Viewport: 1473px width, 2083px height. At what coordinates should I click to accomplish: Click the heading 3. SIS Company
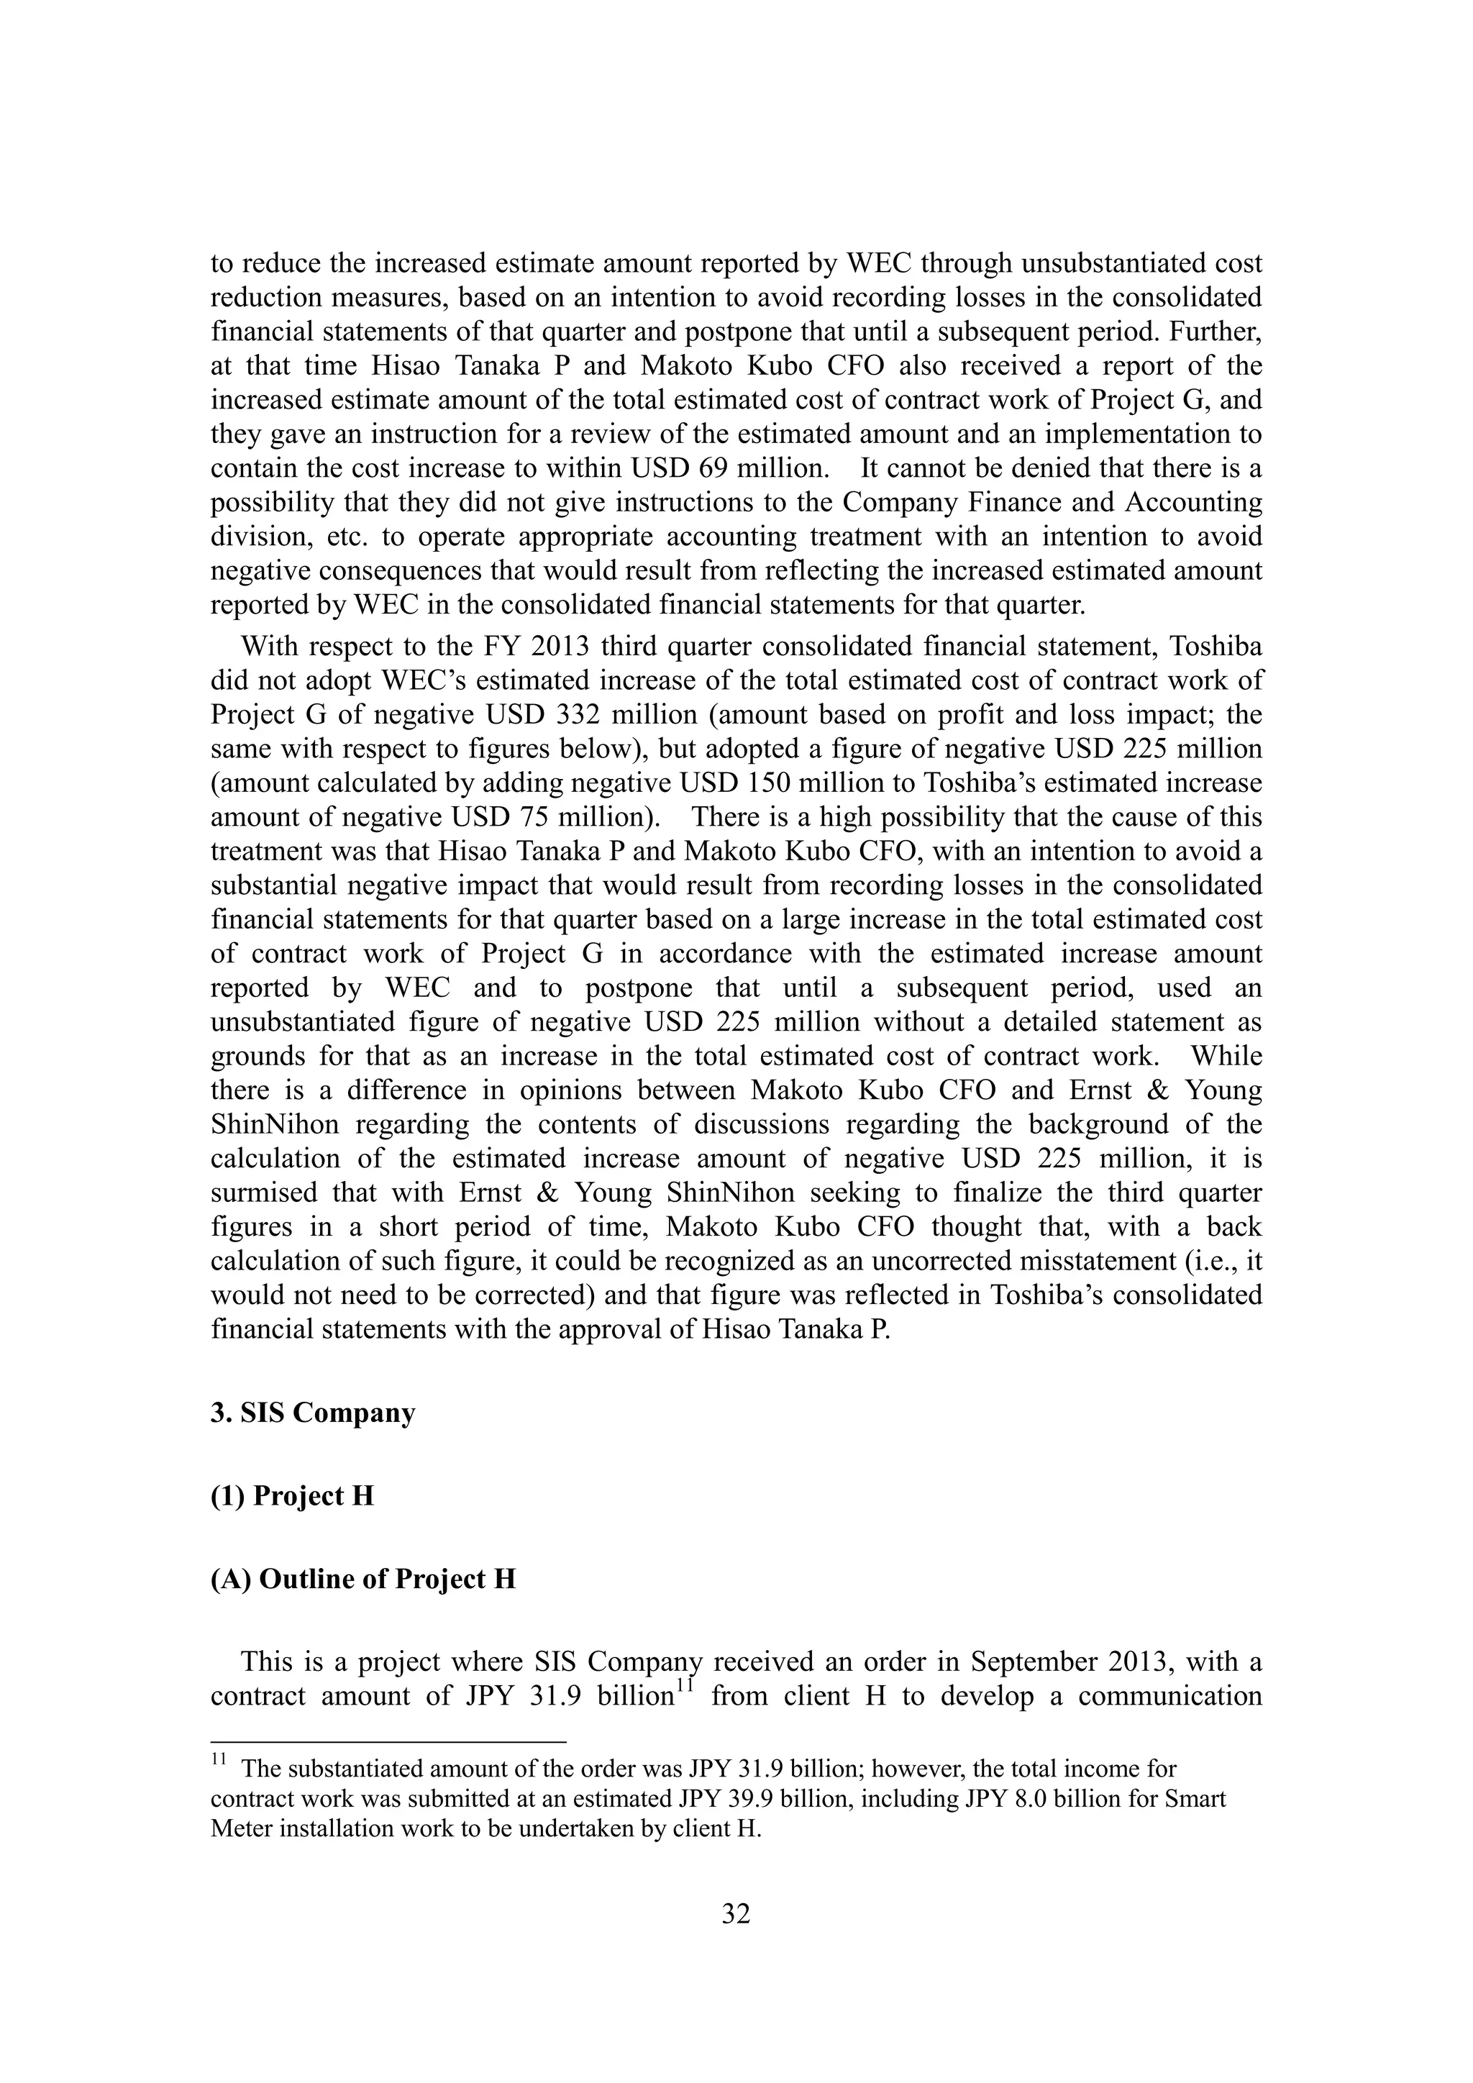click(x=313, y=1413)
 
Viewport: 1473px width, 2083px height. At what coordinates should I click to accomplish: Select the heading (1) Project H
click(x=292, y=1496)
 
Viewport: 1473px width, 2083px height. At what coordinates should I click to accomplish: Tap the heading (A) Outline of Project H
click(x=362, y=1580)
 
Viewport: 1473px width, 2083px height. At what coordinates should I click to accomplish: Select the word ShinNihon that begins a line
click(x=275, y=1125)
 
